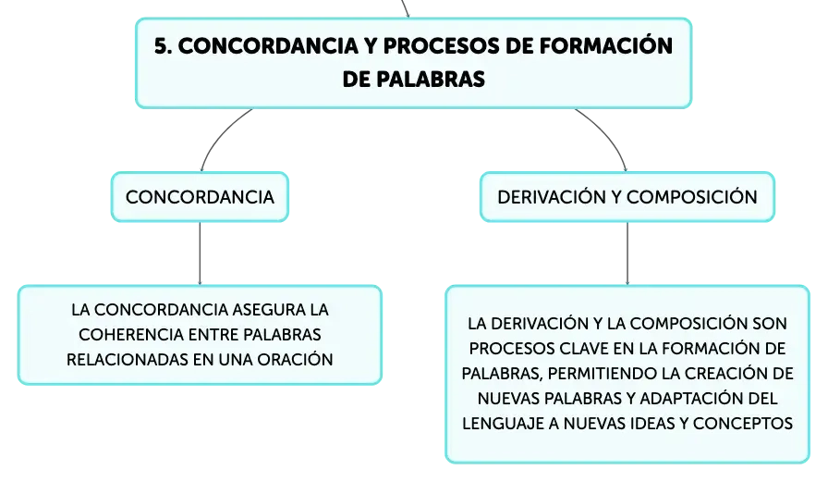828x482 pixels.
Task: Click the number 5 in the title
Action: pos(161,46)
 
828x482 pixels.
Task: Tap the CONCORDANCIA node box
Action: pos(200,197)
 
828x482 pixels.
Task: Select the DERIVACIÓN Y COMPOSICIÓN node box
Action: pos(627,197)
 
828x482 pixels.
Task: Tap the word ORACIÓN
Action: pos(295,359)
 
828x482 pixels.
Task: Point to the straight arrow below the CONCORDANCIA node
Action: pos(200,253)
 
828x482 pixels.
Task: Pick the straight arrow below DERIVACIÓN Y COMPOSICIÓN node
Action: pos(627,253)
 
